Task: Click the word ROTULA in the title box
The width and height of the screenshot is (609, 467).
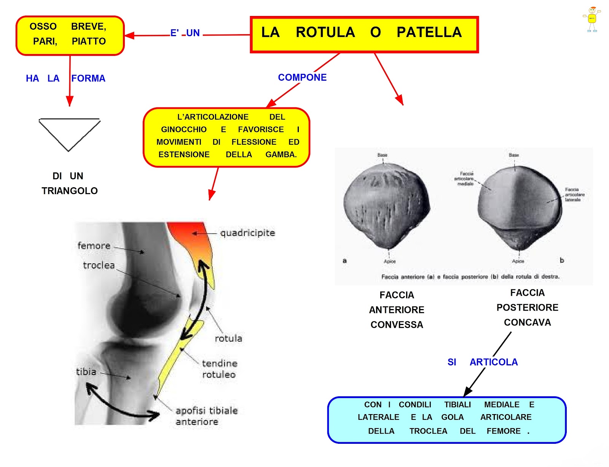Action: tap(325, 32)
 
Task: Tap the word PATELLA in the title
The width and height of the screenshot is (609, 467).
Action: tap(429, 32)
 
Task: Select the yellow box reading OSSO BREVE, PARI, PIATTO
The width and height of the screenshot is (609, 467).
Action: tap(70, 35)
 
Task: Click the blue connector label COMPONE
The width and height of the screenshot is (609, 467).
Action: tap(302, 77)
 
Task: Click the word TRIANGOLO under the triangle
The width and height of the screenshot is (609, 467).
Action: tap(70, 191)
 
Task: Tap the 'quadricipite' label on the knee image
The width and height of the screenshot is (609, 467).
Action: tap(247, 233)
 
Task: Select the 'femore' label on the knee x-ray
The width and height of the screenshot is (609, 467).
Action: tap(94, 246)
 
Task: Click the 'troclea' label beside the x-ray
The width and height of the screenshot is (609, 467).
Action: tap(99, 265)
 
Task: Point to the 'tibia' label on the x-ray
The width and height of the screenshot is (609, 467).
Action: tap(86, 371)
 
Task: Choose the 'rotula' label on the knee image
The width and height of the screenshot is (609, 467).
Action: tap(228, 338)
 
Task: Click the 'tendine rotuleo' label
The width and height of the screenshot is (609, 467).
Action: tap(219, 369)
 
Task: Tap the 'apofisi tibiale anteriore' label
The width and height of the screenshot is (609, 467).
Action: tap(206, 416)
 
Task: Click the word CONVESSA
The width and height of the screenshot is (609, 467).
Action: tap(397, 325)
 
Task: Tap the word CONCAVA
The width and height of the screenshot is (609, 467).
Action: tap(527, 322)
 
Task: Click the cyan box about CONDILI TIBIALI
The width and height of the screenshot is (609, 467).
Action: tap(447, 419)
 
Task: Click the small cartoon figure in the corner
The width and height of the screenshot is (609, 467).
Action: tap(592, 19)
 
